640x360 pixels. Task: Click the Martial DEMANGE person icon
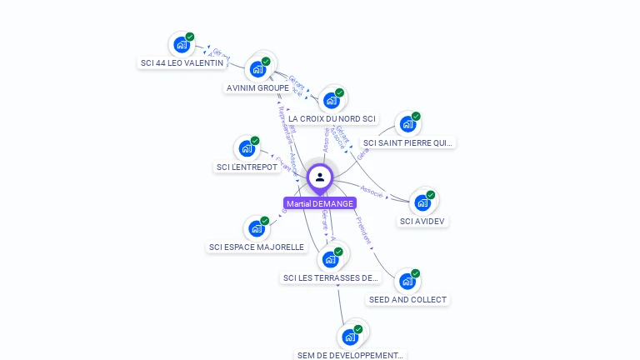(319, 177)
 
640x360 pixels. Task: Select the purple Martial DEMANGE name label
(319, 203)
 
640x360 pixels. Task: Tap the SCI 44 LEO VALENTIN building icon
(180, 45)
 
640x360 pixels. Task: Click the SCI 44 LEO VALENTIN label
(182, 62)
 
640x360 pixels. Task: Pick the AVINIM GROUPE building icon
(257, 69)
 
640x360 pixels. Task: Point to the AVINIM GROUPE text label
(257, 87)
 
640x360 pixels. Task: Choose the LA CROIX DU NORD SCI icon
(331, 101)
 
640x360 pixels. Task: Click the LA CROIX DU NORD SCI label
(332, 119)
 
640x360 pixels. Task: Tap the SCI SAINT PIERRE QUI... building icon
(407, 124)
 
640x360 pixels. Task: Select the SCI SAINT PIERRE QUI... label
(408, 142)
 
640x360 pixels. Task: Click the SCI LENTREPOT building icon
(246, 149)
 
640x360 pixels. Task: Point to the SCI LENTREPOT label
(247, 167)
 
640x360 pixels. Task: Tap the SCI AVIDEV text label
(422, 221)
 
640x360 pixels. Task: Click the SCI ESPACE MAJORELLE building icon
(256, 228)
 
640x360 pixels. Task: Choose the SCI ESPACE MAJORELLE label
(257, 247)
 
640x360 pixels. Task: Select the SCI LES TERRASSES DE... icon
(330, 259)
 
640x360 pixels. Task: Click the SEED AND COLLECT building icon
(406, 282)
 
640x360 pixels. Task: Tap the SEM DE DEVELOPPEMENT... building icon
(349, 337)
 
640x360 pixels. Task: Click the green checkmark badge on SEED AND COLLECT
(415, 273)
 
